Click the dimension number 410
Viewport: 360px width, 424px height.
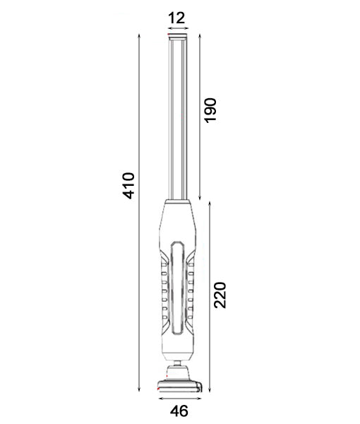(128, 184)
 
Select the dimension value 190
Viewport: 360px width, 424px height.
(210, 110)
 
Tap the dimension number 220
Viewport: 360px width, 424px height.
(220, 295)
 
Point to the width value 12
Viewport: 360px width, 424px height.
(177, 17)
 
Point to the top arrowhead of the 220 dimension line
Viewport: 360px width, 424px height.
(210, 204)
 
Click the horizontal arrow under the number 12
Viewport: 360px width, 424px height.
(177, 30)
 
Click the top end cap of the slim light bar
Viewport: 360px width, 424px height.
(177, 37)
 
